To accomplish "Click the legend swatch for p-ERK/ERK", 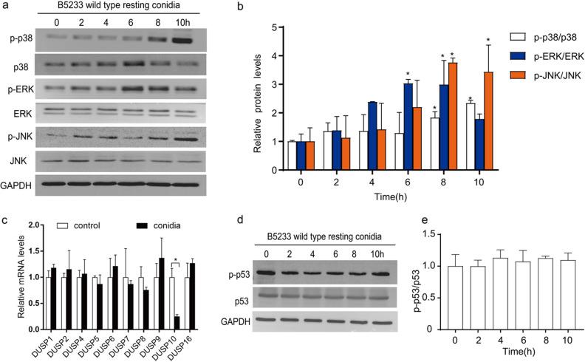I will (519, 55).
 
